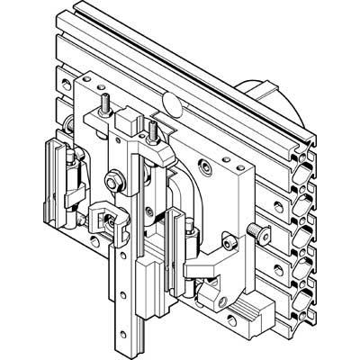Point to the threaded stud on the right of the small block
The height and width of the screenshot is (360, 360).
(154, 130)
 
